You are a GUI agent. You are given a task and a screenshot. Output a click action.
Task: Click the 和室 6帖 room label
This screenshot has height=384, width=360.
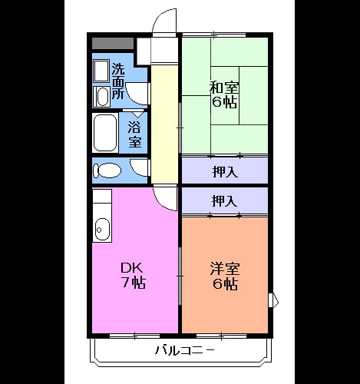(224, 95)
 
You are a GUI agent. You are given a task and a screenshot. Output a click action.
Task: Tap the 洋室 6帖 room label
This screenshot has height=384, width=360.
(224, 276)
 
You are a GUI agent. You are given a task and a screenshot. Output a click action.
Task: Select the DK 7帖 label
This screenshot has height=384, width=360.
(133, 276)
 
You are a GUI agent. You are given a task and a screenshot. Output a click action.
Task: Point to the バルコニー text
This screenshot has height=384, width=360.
(184, 350)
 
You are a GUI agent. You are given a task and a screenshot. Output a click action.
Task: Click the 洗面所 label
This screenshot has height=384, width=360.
(118, 81)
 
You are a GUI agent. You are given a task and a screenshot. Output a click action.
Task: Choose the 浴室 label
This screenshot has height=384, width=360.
(134, 134)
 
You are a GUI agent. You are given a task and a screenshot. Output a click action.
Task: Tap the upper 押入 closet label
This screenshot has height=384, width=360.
(225, 171)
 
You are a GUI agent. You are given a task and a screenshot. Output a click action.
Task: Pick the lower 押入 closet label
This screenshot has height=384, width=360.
(225, 200)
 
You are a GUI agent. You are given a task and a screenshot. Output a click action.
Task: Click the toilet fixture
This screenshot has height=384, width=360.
(107, 170)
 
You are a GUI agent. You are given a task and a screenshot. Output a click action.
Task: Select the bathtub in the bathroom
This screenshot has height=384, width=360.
(105, 133)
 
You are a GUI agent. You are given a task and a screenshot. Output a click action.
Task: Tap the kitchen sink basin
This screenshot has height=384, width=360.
(103, 230)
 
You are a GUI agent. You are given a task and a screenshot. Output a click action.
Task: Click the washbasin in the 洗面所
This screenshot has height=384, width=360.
(102, 97)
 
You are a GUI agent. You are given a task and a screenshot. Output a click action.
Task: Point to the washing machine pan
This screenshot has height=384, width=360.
(101, 71)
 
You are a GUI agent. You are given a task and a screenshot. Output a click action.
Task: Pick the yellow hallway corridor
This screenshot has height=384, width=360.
(164, 124)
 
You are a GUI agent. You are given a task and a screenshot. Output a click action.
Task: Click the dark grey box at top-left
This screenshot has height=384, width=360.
(113, 44)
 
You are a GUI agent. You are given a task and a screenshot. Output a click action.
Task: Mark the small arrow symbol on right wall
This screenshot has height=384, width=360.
(274, 300)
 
